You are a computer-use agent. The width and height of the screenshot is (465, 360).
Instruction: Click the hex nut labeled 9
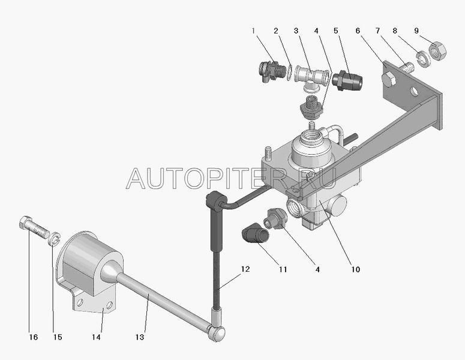tap(438, 52)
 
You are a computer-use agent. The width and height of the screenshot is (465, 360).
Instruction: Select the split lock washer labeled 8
tap(422, 59)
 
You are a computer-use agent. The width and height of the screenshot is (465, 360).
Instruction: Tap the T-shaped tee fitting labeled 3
tap(311, 77)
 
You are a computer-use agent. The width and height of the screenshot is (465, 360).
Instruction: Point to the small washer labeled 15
tap(54, 238)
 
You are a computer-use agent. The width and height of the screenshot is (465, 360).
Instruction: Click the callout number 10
tap(355, 269)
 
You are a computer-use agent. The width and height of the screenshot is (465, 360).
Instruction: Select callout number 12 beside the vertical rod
tap(245, 269)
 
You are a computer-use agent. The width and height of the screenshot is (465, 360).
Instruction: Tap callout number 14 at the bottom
tap(96, 337)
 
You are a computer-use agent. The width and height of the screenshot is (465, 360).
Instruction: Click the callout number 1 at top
tap(253, 31)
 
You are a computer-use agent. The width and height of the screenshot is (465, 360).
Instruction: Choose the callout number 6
tap(358, 31)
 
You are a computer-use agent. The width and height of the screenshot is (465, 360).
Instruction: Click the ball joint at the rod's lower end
tap(217, 333)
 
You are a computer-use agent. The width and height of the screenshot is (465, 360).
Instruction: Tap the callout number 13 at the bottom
tap(139, 337)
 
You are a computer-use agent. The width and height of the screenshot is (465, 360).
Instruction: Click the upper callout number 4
tap(316, 31)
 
